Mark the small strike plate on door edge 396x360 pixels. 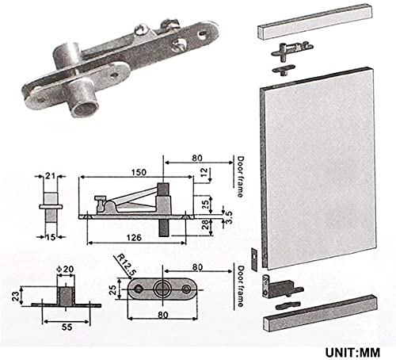(253, 258)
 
